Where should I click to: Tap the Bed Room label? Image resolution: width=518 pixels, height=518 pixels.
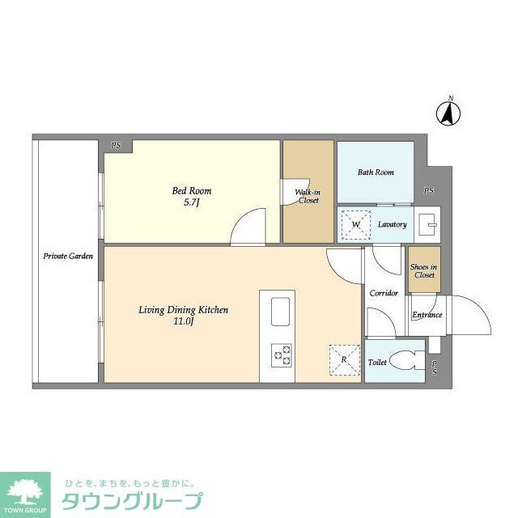coord(192,191)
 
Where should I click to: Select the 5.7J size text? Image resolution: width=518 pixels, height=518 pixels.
coord(192,203)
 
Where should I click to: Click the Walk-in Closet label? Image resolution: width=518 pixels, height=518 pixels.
coord(308,195)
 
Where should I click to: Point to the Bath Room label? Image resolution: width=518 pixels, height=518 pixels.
coord(376,172)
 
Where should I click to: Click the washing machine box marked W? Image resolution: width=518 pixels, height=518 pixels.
coord(354,224)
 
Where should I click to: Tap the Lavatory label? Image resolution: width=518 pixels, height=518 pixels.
coord(393,224)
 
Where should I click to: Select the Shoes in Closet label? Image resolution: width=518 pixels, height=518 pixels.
coord(423,271)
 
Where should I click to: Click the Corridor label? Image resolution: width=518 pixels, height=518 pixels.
coord(384,293)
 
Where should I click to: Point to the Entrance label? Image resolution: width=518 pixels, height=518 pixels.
coord(427,315)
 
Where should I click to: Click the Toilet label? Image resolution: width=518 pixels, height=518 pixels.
coord(378,363)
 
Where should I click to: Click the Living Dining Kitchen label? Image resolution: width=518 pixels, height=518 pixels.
coord(183,310)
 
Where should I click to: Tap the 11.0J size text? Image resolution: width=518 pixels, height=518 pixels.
coord(183,322)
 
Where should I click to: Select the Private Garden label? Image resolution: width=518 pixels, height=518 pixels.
coord(68,256)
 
